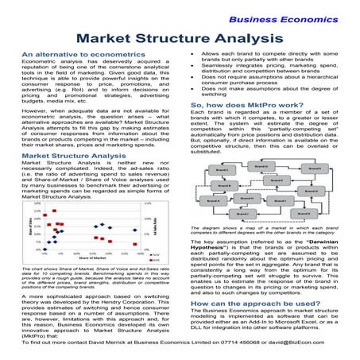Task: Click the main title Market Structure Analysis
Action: (180, 37)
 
